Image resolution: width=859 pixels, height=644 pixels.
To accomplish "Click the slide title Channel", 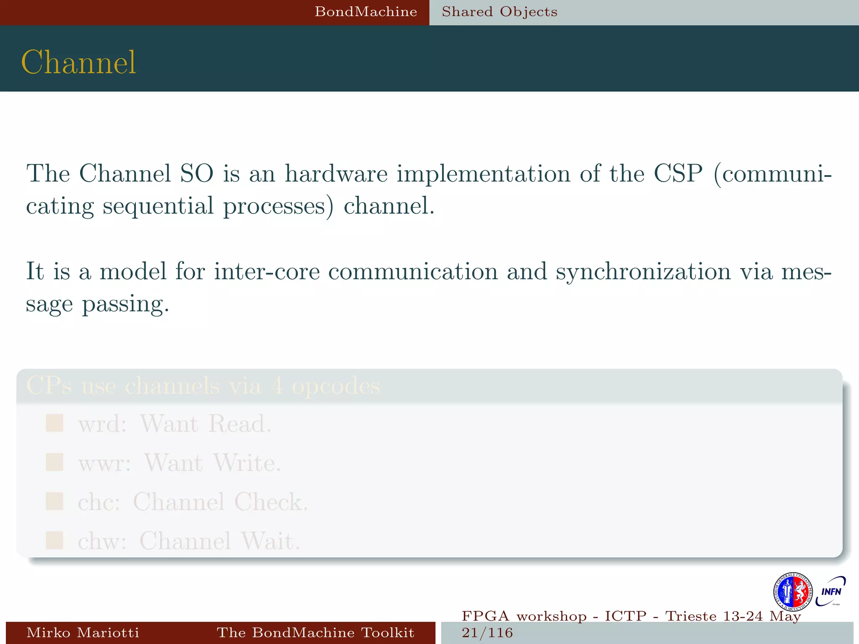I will (x=78, y=62).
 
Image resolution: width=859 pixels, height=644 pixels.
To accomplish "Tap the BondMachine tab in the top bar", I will (x=366, y=12).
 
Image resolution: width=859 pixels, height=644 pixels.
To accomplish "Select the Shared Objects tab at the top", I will (x=500, y=12).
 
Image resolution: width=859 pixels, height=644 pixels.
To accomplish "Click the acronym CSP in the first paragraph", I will (x=678, y=173).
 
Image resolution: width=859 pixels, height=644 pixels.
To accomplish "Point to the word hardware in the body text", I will (x=336, y=173).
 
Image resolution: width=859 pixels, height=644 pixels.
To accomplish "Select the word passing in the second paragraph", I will (x=125, y=304).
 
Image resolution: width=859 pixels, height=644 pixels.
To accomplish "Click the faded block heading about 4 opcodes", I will (x=203, y=385).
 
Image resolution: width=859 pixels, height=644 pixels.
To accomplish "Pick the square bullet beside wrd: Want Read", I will (x=55, y=423).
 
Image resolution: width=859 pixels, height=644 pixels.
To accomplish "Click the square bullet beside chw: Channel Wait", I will (x=55, y=540).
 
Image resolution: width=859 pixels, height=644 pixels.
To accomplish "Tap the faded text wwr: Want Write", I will (x=179, y=463).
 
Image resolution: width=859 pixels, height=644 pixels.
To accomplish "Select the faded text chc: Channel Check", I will (x=193, y=501).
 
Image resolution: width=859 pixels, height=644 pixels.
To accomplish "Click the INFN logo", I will (x=830, y=591).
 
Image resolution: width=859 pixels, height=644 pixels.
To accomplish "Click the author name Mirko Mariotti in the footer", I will (x=83, y=632).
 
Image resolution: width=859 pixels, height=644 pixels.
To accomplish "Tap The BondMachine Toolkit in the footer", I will (x=315, y=632).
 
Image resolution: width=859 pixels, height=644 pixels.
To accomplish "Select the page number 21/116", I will (x=487, y=633).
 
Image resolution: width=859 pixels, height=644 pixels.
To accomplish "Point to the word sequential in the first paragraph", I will (x=158, y=206).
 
